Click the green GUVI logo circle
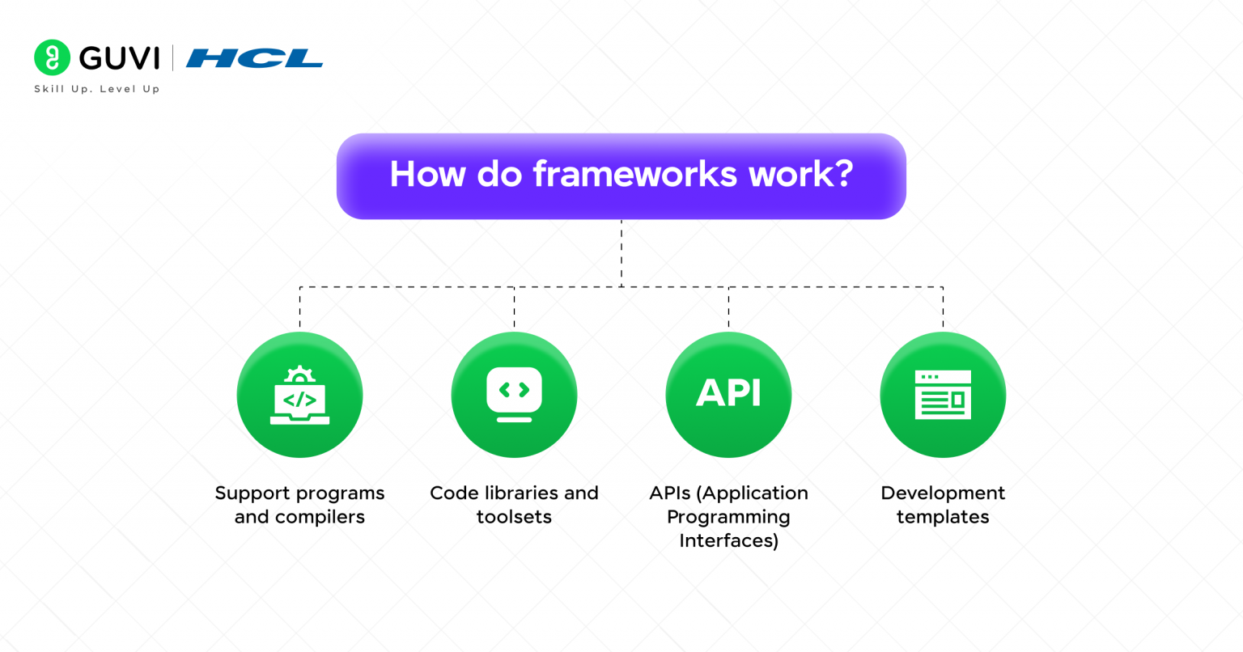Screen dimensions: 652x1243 click(53, 57)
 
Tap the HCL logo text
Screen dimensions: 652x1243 click(254, 58)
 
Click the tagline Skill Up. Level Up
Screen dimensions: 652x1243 click(96, 89)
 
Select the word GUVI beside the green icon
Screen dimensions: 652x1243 click(119, 58)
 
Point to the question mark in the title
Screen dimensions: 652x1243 click(842, 174)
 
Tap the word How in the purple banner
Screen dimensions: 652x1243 click(426, 174)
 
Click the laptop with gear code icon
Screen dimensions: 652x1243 click(299, 396)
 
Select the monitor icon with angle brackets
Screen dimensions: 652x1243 click(514, 395)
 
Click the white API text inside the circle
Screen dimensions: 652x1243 click(728, 394)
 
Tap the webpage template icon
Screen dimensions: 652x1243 click(943, 395)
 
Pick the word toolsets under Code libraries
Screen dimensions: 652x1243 click(514, 517)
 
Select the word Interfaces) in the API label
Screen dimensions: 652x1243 click(728, 540)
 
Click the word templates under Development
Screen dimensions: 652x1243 click(943, 517)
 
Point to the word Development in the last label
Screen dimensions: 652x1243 click(943, 493)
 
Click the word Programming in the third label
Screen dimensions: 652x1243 click(728, 517)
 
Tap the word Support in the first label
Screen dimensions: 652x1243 click(252, 493)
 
